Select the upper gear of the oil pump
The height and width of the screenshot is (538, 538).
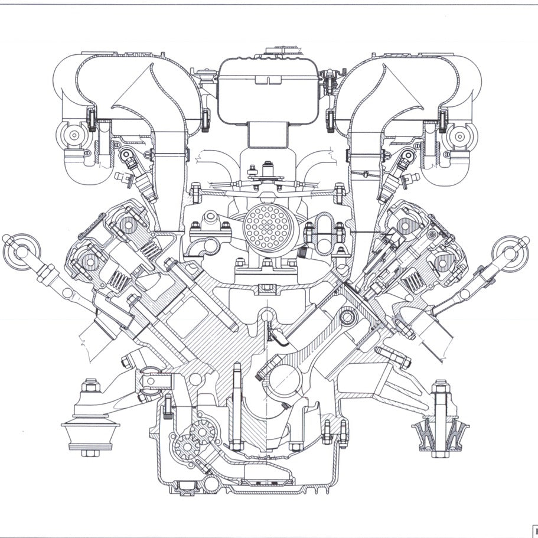click(x=203, y=434)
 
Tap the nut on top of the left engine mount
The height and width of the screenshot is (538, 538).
click(x=91, y=387)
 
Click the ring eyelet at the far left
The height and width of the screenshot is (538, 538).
click(x=16, y=250)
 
